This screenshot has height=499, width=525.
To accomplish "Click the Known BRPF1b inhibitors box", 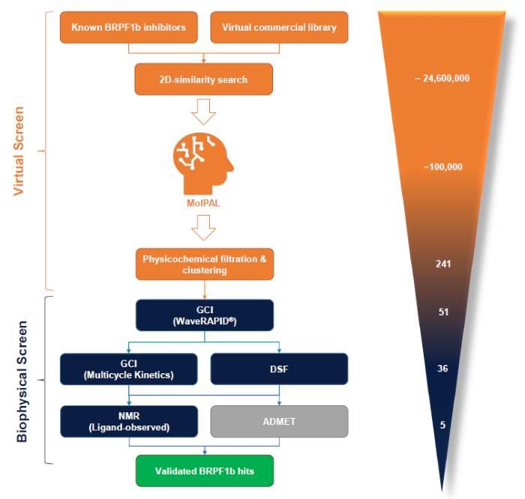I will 129,28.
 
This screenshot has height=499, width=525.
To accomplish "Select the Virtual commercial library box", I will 279,28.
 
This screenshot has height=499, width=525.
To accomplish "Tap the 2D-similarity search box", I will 203,79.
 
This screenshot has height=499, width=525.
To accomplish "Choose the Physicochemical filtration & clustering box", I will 204,264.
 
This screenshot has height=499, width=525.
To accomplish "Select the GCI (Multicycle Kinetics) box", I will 129,369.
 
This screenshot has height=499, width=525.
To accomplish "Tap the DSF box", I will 279,369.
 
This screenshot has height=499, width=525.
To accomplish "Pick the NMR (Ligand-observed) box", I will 129,422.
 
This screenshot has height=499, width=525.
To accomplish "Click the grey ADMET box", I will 279,422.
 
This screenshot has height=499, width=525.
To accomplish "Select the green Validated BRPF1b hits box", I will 204,472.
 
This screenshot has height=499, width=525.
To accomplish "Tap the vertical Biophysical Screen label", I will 22,381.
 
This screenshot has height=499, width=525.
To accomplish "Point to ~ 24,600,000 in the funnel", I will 442,78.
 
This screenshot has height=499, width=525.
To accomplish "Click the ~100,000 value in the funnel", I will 442,167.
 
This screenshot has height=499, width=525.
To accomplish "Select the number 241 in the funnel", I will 442,264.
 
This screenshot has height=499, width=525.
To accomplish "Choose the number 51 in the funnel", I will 442,312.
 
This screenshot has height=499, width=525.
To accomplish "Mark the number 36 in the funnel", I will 442,368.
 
